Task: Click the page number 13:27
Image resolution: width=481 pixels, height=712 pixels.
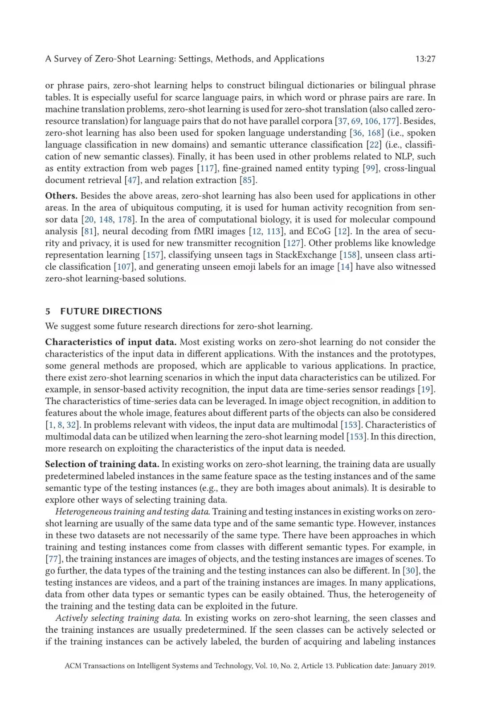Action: tap(425, 59)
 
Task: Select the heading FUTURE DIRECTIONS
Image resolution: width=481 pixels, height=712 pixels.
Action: tap(111, 311)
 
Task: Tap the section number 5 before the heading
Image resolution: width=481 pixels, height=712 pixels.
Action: tap(48, 311)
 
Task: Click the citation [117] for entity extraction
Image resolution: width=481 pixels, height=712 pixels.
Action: tap(208, 168)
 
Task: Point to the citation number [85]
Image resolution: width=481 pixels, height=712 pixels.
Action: tap(248, 180)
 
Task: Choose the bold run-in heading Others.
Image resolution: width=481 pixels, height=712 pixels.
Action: tap(61, 196)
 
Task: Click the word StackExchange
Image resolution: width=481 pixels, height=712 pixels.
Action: tap(306, 255)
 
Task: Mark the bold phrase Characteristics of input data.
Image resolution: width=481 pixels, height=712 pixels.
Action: tap(110, 342)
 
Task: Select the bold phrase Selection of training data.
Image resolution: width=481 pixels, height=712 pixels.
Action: tap(102, 464)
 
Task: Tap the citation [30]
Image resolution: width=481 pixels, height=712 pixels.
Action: tap(410, 571)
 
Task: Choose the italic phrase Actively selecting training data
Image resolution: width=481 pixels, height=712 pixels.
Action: tap(118, 618)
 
